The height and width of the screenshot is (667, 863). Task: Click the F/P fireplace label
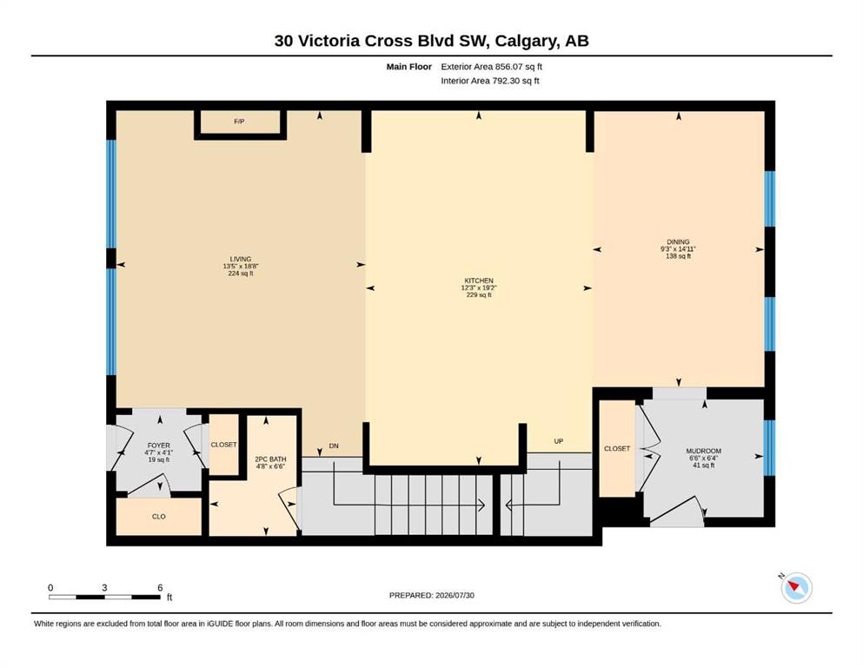click(239, 122)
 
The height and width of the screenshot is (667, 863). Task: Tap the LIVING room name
click(241, 259)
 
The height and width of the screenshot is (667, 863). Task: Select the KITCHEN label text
click(479, 281)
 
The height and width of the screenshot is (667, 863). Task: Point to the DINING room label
click(678, 242)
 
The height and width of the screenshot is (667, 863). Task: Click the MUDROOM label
click(703, 451)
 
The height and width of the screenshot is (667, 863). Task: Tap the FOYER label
click(158, 446)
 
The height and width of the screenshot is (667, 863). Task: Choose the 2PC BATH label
click(270, 459)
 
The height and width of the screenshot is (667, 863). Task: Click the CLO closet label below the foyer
click(158, 517)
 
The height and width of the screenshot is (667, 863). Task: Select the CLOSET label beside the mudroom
click(617, 449)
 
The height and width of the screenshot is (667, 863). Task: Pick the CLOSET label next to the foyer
click(223, 445)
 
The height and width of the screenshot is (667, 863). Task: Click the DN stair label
click(334, 446)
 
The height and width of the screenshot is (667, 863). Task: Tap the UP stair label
click(559, 441)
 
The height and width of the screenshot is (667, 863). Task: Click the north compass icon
click(796, 587)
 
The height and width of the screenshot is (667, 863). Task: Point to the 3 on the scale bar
click(104, 588)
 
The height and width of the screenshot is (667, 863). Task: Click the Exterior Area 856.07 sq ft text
click(492, 67)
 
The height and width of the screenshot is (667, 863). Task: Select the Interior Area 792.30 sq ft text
click(490, 81)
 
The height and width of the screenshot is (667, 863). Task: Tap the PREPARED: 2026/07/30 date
click(431, 595)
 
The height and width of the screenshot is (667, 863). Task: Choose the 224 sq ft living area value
click(241, 274)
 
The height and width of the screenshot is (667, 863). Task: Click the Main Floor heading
click(409, 67)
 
